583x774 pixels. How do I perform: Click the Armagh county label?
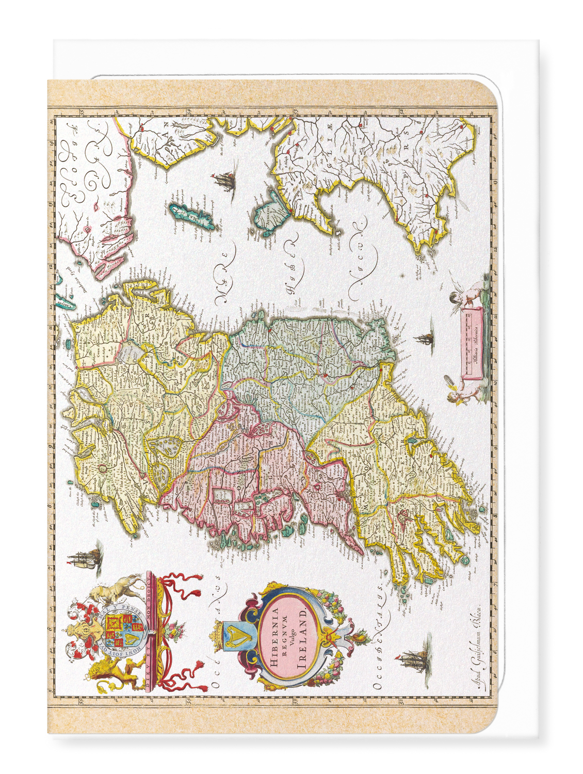coord(175,359)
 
